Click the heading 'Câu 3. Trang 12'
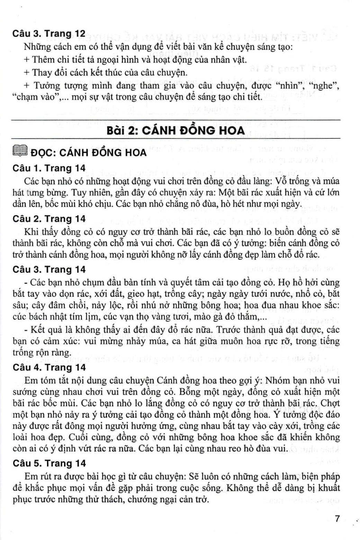[48, 34]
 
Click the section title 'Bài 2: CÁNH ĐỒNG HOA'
[175, 130]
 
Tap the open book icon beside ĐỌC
[19, 152]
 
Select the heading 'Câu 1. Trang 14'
[48, 168]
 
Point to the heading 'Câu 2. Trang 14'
[48, 219]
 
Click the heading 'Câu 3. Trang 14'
[48, 269]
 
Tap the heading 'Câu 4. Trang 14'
[48, 367]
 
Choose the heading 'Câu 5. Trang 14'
[48, 463]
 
